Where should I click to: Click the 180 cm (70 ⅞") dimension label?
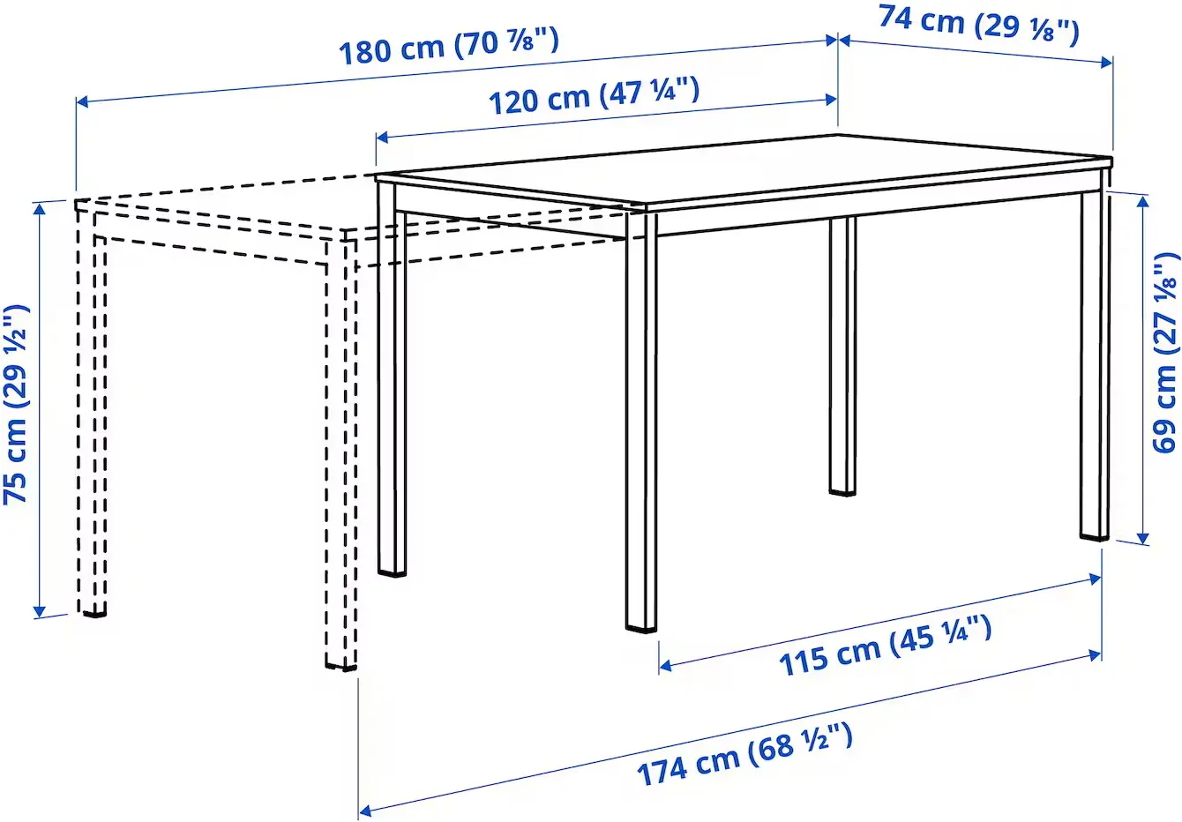449,46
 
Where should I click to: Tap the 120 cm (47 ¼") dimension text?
594,94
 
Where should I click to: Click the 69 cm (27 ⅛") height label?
1164,353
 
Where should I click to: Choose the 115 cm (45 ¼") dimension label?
885,646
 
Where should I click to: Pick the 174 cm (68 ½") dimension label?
745,755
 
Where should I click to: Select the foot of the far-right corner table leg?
1095,533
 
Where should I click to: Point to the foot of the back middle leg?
842,488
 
